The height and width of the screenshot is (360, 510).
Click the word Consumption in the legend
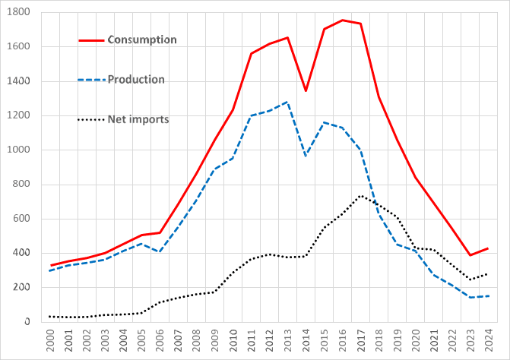pyautogui.click(x=142, y=39)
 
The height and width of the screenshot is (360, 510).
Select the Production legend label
pyautogui.click(x=135, y=79)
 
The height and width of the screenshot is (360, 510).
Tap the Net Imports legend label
pyautogui.click(x=138, y=119)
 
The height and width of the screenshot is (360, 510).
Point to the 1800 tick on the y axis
pyautogui.click(x=19, y=13)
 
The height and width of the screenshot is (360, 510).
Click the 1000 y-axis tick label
pyautogui.click(x=19, y=150)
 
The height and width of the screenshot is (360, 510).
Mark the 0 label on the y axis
pyautogui.click(x=26, y=322)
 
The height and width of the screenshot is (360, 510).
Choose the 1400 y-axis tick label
pyautogui.click(x=19, y=81)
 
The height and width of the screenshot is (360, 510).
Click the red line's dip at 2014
pyautogui.click(x=306, y=90)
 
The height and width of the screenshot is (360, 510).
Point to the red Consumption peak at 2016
pyautogui.click(x=342, y=21)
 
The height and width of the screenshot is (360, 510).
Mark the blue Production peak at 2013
pyautogui.click(x=287, y=102)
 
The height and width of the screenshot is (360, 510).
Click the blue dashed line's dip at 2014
pyautogui.click(x=306, y=155)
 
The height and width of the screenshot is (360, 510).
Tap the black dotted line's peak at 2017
pyautogui.click(x=360, y=196)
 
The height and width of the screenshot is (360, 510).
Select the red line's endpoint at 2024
pyautogui.click(x=488, y=248)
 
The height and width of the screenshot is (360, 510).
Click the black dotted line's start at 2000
pyautogui.click(x=51, y=317)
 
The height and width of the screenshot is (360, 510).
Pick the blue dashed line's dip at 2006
pyautogui.click(x=160, y=251)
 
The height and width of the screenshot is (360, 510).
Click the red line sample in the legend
pyautogui.click(x=92, y=39)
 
